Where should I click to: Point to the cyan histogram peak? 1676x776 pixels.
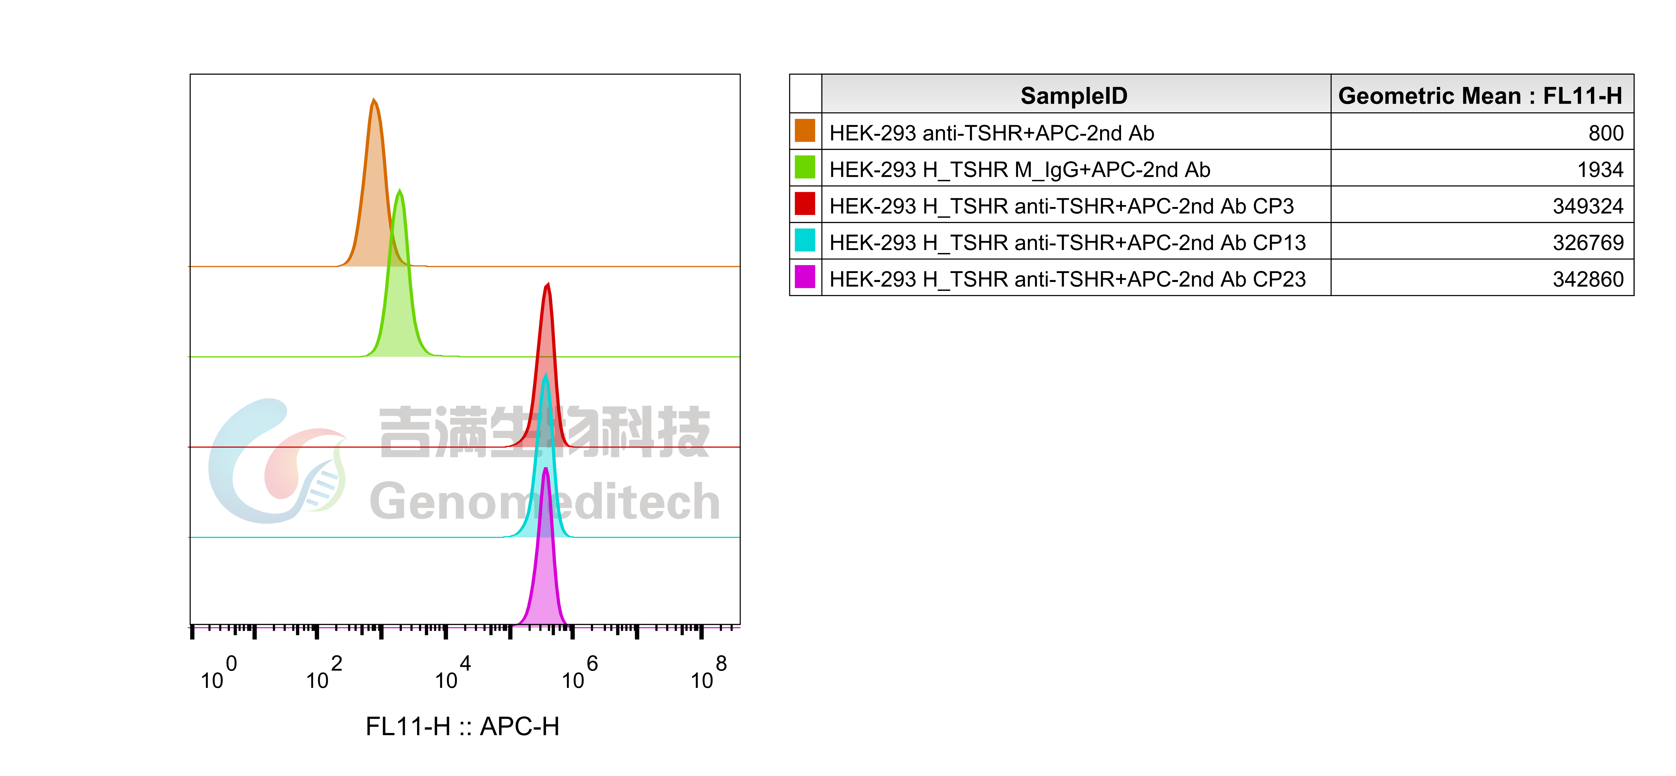click(x=545, y=456)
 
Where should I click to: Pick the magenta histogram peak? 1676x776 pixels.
click(x=545, y=566)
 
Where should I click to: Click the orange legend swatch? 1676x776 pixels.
click(x=805, y=130)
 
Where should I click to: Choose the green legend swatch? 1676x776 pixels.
click(x=805, y=167)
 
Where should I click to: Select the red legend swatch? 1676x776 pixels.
click(x=805, y=203)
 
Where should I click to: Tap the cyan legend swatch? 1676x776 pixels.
click(x=805, y=240)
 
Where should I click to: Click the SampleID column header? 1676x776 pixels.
click(x=1074, y=96)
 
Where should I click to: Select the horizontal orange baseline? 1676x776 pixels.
click(x=585, y=266)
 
